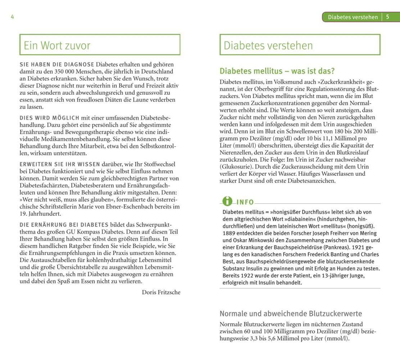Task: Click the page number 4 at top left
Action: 12,17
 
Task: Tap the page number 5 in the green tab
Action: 387,17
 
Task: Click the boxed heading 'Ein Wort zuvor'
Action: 57,45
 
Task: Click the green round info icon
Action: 227,201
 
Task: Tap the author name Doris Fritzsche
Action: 161,292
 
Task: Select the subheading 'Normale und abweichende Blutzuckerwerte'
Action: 291,313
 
